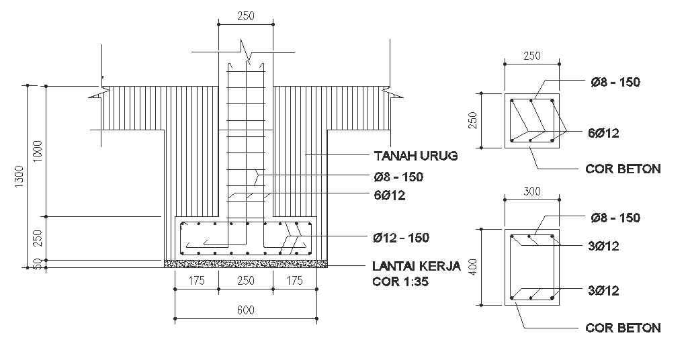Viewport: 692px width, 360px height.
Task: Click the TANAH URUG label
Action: (416, 156)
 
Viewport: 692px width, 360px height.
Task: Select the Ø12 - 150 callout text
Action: (400, 238)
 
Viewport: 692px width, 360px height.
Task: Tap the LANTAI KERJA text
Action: (416, 266)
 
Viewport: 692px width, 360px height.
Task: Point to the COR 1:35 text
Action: (400, 281)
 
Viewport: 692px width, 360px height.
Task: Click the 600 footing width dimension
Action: (246, 310)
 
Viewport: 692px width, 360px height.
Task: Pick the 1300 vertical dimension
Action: (19, 177)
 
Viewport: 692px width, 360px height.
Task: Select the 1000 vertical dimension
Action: (37, 151)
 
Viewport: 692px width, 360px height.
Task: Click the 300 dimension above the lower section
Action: (532, 191)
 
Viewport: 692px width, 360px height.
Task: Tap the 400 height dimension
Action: (473, 267)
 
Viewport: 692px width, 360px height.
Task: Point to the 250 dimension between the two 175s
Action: (246, 281)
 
